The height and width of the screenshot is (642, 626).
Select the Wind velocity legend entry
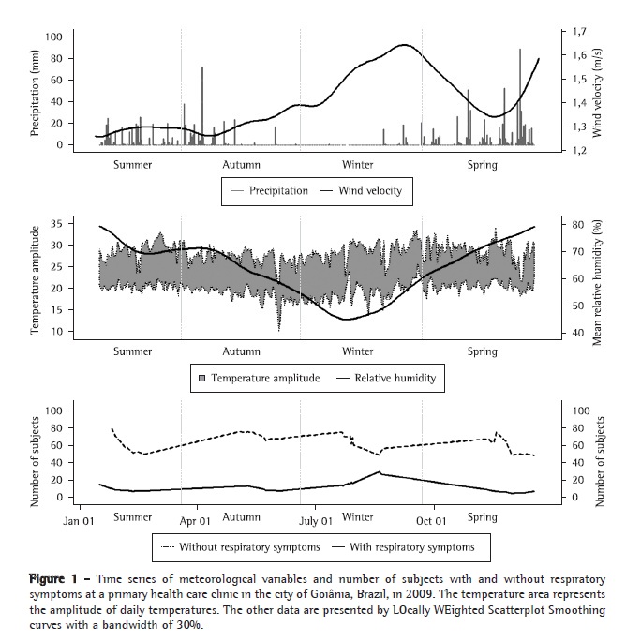(360, 190)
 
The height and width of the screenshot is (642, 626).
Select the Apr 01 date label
(194, 521)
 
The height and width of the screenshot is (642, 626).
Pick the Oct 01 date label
(431, 521)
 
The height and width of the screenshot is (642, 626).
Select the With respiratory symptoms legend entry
(406, 546)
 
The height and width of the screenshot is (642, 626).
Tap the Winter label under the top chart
(357, 165)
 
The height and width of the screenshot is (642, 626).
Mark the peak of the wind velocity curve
(404, 45)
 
